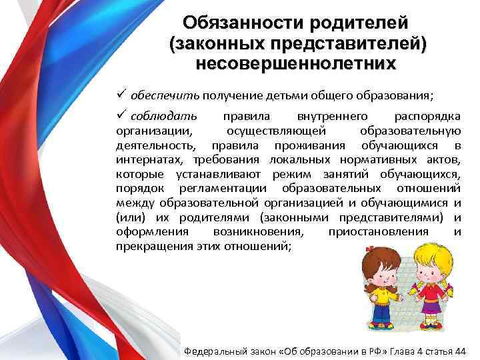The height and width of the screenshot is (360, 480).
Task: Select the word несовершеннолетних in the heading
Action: coord(295,64)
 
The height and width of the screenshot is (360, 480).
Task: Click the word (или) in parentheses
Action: coord(127,217)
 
